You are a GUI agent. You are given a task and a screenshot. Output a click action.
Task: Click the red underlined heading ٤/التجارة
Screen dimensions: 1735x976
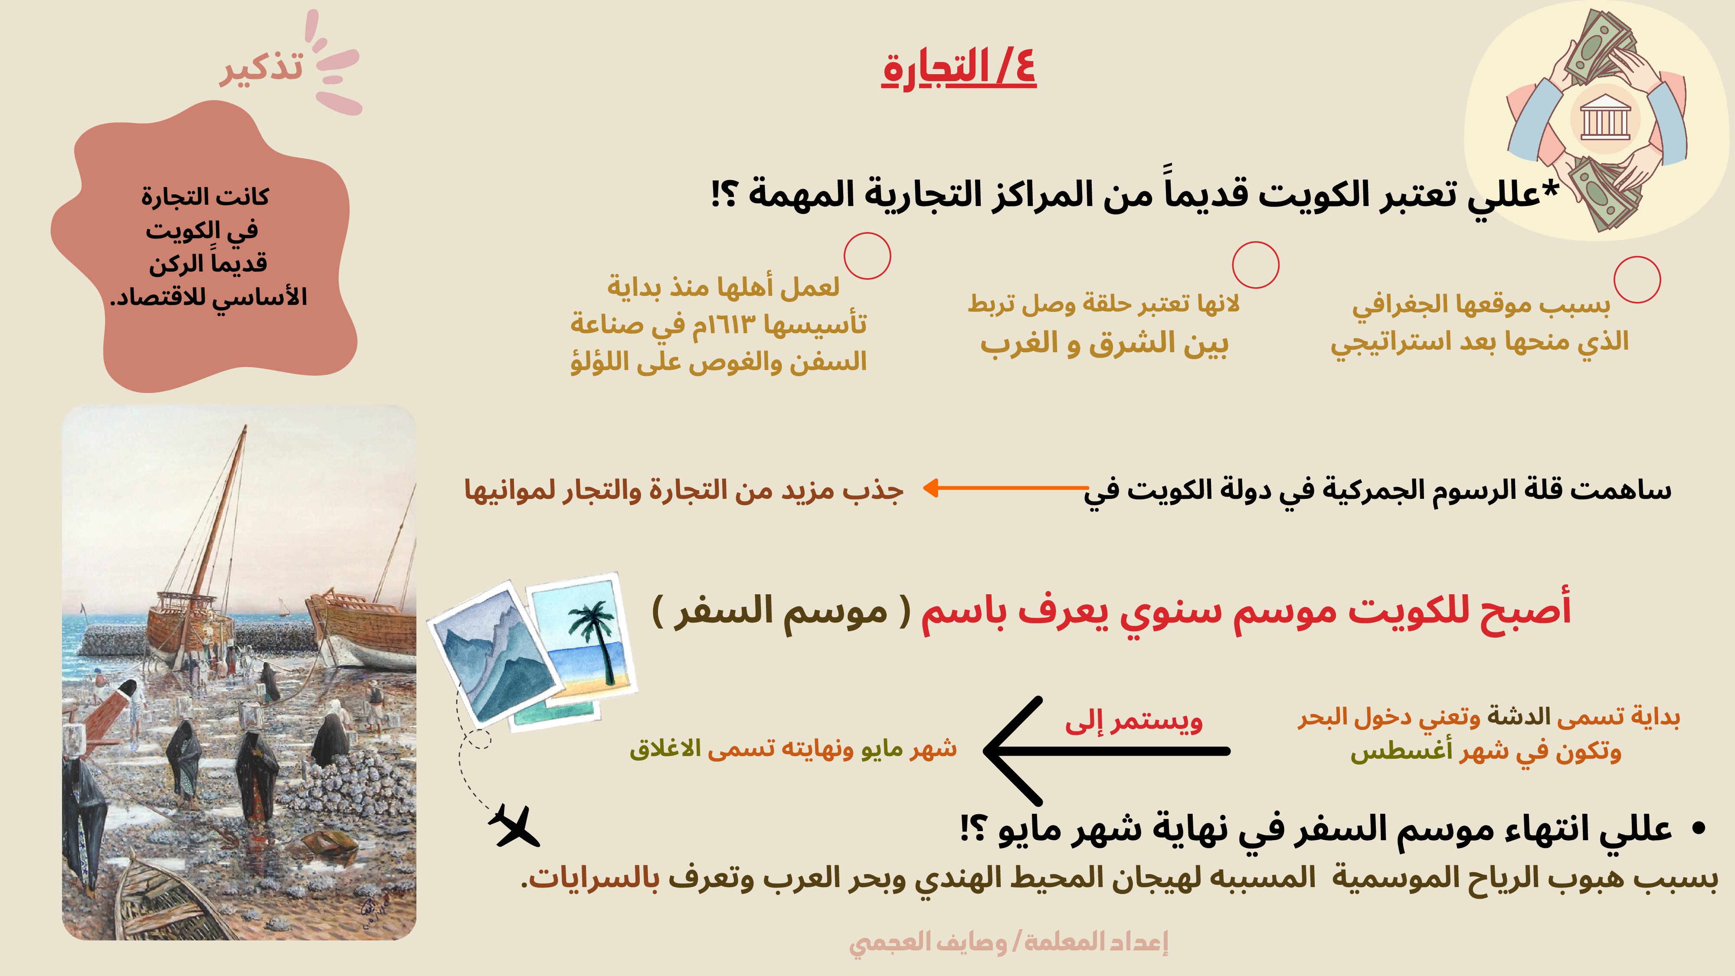coord(959,69)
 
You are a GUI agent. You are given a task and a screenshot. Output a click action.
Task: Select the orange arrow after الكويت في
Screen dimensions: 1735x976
coord(1005,488)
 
